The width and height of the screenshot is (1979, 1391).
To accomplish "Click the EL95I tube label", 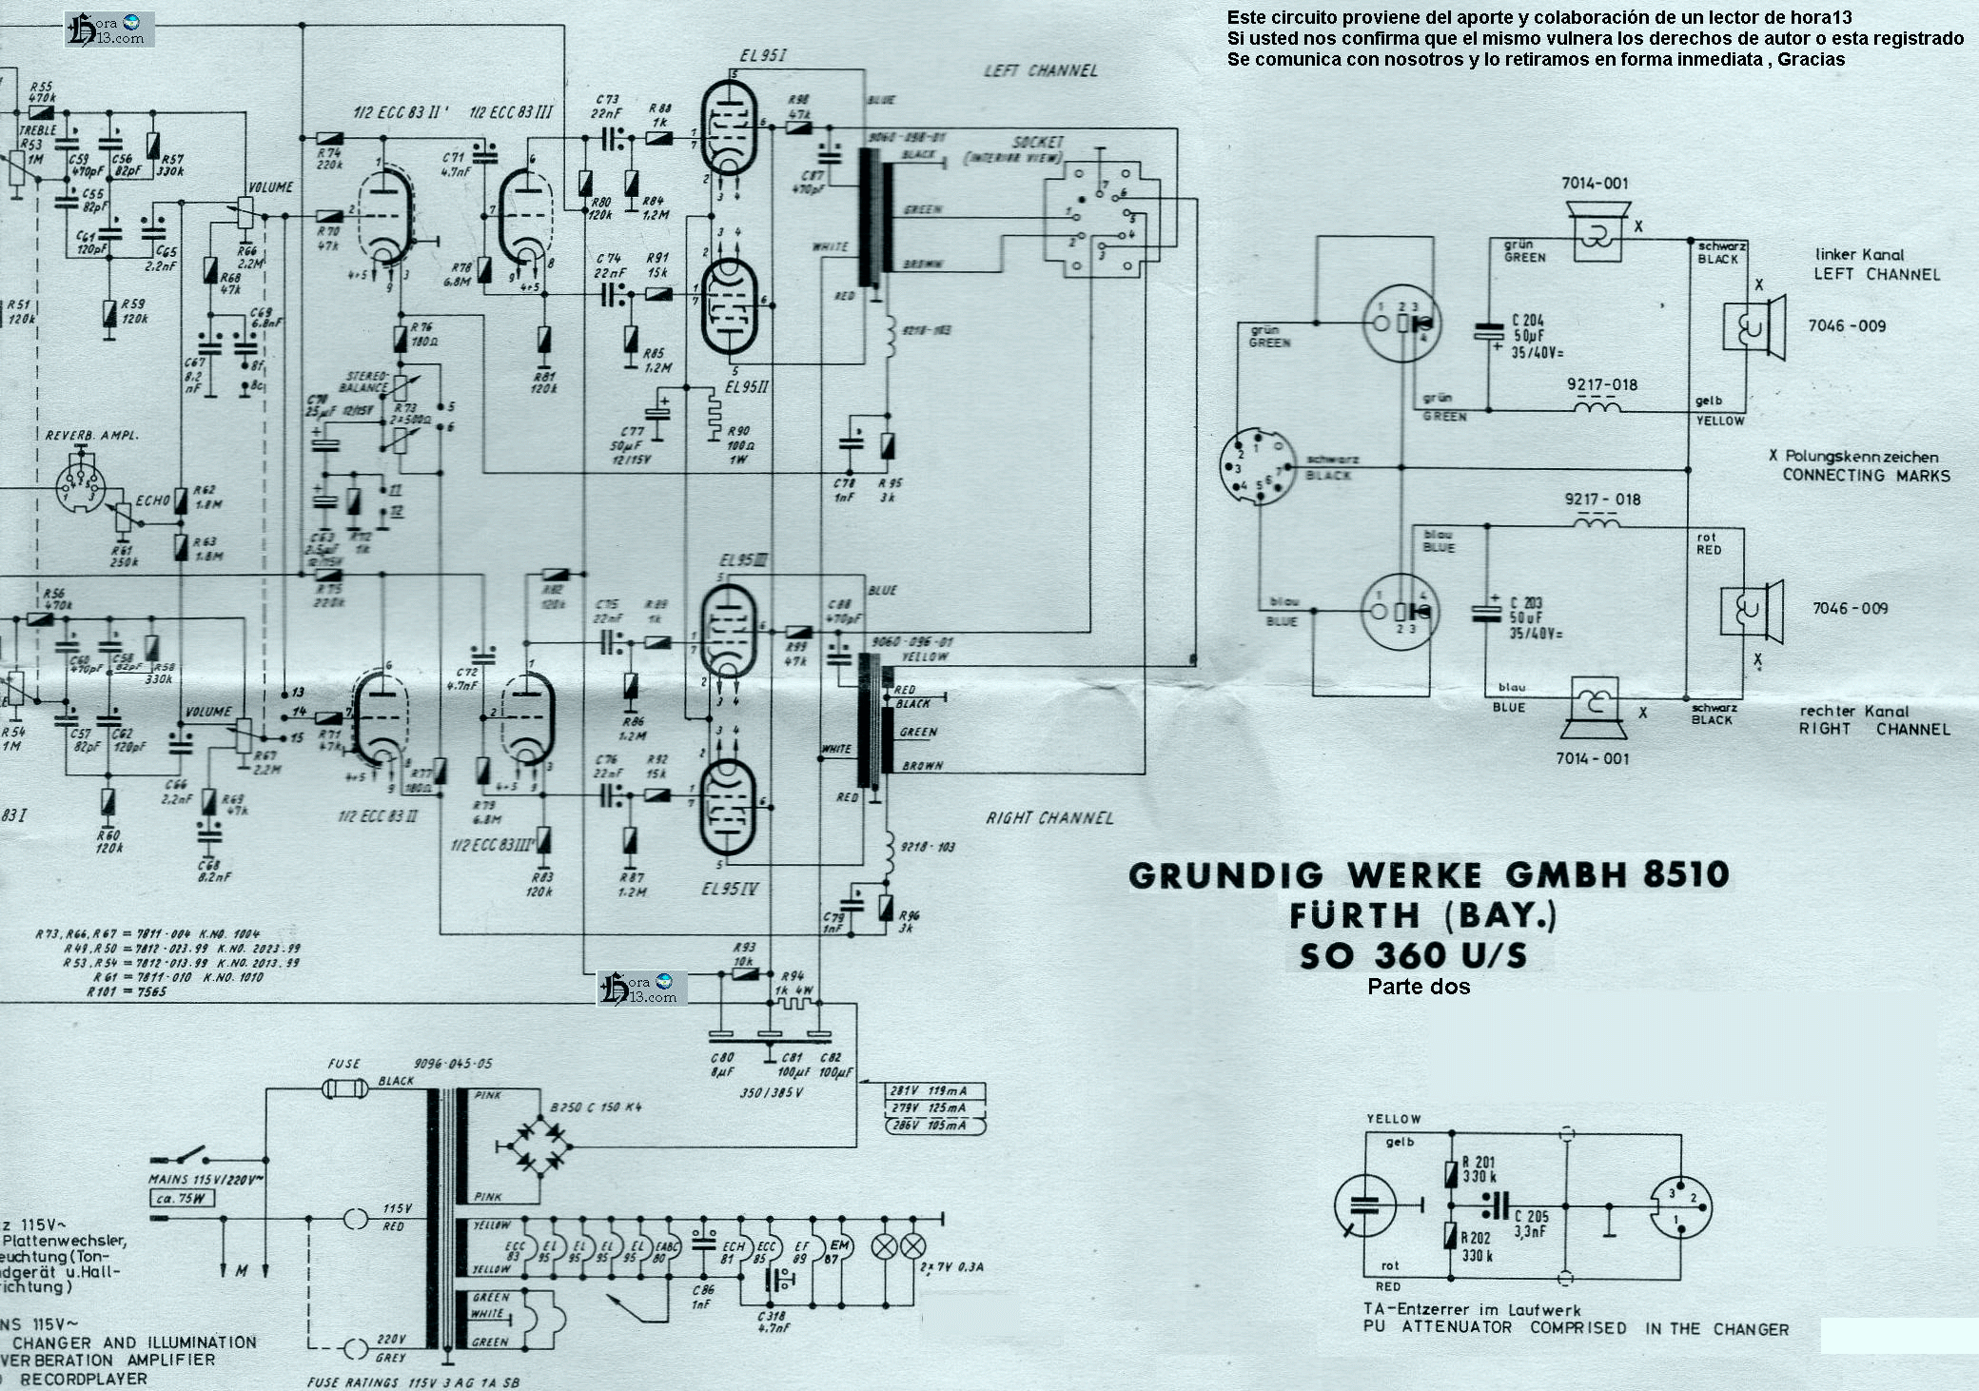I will tap(762, 56).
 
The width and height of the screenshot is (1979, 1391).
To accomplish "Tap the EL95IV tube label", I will tap(729, 890).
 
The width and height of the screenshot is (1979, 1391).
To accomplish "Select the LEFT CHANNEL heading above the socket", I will tap(1040, 70).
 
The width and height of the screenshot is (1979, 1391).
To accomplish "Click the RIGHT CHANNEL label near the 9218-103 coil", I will tap(1048, 817).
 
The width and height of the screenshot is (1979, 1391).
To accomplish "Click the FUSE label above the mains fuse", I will tap(343, 1064).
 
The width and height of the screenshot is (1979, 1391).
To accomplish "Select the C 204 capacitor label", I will tap(1527, 322).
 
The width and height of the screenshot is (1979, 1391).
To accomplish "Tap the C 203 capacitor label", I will tap(1525, 603).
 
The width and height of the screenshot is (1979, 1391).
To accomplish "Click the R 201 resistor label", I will tap(1478, 1162).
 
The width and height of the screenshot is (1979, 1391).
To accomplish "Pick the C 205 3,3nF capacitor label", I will tap(1531, 1224).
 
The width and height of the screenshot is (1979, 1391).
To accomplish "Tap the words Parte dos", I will tap(1418, 987).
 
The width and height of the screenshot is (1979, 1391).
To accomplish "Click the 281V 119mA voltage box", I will tap(934, 1091).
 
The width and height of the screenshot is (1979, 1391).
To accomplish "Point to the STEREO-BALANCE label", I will tap(364, 382).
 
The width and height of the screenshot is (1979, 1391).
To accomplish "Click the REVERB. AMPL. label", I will tap(91, 435).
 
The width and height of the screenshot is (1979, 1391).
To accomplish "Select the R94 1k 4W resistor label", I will tap(793, 983).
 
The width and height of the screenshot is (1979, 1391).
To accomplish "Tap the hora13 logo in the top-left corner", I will tap(109, 29).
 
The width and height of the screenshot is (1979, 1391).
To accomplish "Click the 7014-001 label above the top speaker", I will tap(1595, 184).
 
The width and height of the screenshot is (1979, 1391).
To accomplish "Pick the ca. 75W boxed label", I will tap(180, 1198).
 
